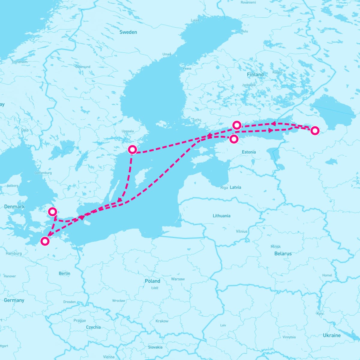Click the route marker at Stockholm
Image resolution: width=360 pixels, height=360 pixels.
132,149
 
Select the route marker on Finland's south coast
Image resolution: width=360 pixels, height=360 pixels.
237,125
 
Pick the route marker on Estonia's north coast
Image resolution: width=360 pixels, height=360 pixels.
234,139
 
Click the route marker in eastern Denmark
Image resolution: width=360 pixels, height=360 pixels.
52,212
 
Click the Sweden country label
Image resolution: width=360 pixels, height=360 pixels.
128,32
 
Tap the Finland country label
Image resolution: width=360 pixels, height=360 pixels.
255,74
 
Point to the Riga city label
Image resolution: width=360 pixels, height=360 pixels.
224,187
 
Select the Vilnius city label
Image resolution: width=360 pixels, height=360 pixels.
241,231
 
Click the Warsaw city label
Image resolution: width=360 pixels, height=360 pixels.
178,279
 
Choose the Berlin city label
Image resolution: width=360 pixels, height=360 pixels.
64,273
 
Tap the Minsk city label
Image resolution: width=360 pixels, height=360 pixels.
276,247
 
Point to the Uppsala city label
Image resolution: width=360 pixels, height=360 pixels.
128,131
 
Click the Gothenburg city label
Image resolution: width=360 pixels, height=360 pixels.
43,173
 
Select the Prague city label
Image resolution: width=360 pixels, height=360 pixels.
79,320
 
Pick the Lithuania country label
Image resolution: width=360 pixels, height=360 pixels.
221,216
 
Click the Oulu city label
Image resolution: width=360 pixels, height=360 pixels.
244,31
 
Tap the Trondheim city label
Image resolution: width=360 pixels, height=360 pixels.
19,62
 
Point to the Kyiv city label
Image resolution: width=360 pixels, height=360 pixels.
320,313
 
